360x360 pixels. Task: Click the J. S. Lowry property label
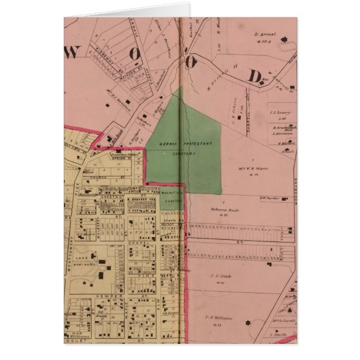(x=278, y=112)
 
